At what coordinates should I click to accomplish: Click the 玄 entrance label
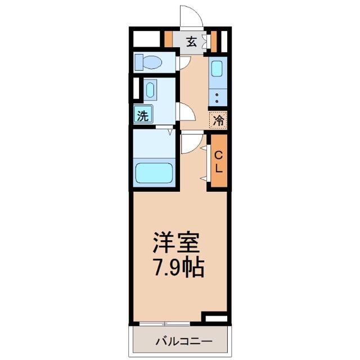point(191,42)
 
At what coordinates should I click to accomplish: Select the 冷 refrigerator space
point(218,120)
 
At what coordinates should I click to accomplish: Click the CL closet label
point(219,162)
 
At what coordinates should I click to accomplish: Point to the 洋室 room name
point(176,242)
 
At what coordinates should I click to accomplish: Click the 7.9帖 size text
point(179,268)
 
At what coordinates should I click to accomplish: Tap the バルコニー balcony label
point(184,341)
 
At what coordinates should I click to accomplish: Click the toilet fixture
point(148,62)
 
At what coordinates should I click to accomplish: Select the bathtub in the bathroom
point(154,173)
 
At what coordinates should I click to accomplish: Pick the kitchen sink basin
point(217,69)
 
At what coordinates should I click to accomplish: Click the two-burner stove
point(218,98)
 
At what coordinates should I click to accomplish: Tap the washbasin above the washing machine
point(150,90)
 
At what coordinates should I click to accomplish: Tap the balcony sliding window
point(165,324)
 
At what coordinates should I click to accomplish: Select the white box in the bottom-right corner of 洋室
point(216,319)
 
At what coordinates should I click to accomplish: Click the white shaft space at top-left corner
point(146,39)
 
